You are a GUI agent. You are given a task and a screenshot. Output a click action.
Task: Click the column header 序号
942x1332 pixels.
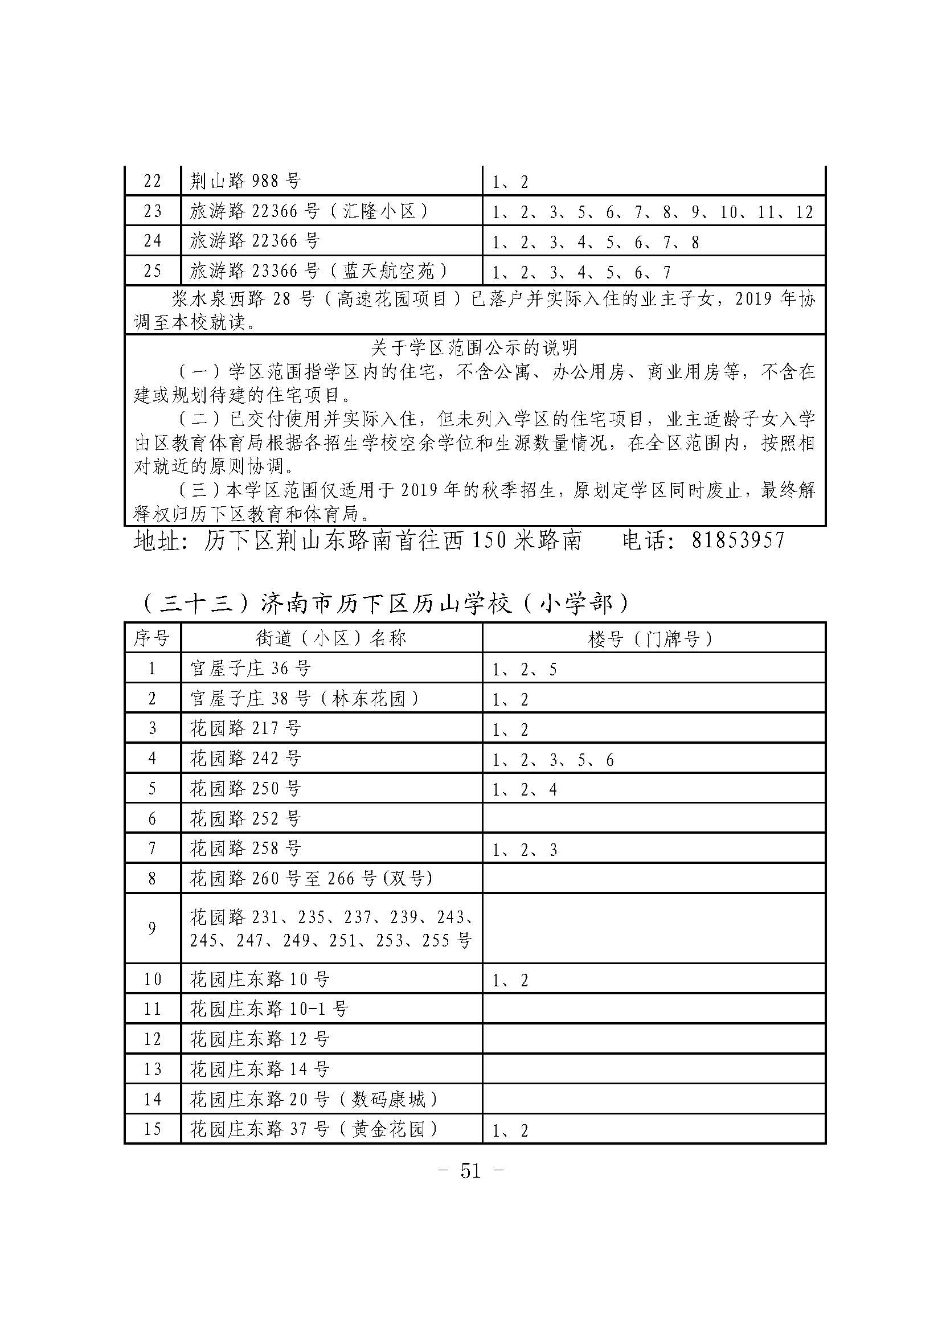pyautogui.click(x=152, y=639)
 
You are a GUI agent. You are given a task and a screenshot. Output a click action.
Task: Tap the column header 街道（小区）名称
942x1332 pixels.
pyautogui.click(x=331, y=639)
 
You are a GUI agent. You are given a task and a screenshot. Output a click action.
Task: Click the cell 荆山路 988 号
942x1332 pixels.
pyautogui.click(x=245, y=182)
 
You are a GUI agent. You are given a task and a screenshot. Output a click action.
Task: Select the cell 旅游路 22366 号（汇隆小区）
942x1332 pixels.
pyautogui.click(x=309, y=211)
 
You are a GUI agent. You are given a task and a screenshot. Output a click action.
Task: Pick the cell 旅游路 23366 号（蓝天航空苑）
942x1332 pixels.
pyautogui.click(x=319, y=271)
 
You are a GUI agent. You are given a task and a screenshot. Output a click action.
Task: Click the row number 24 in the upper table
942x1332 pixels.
pyautogui.click(x=152, y=241)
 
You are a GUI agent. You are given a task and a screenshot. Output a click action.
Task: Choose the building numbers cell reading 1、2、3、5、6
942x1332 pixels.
pyautogui.click(x=553, y=760)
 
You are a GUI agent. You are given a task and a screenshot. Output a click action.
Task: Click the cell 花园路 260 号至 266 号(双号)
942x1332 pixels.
pyautogui.click(x=312, y=878)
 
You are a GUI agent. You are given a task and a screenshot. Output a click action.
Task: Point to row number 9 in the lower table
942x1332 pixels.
pyautogui.click(x=152, y=928)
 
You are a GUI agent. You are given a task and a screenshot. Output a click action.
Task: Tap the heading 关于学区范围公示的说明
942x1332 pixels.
pyautogui.click(x=474, y=347)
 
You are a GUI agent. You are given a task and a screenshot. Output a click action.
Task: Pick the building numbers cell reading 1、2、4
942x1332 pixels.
pyautogui.click(x=525, y=789)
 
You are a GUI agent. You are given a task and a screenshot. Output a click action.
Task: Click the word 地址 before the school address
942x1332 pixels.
pyautogui.click(x=152, y=540)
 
